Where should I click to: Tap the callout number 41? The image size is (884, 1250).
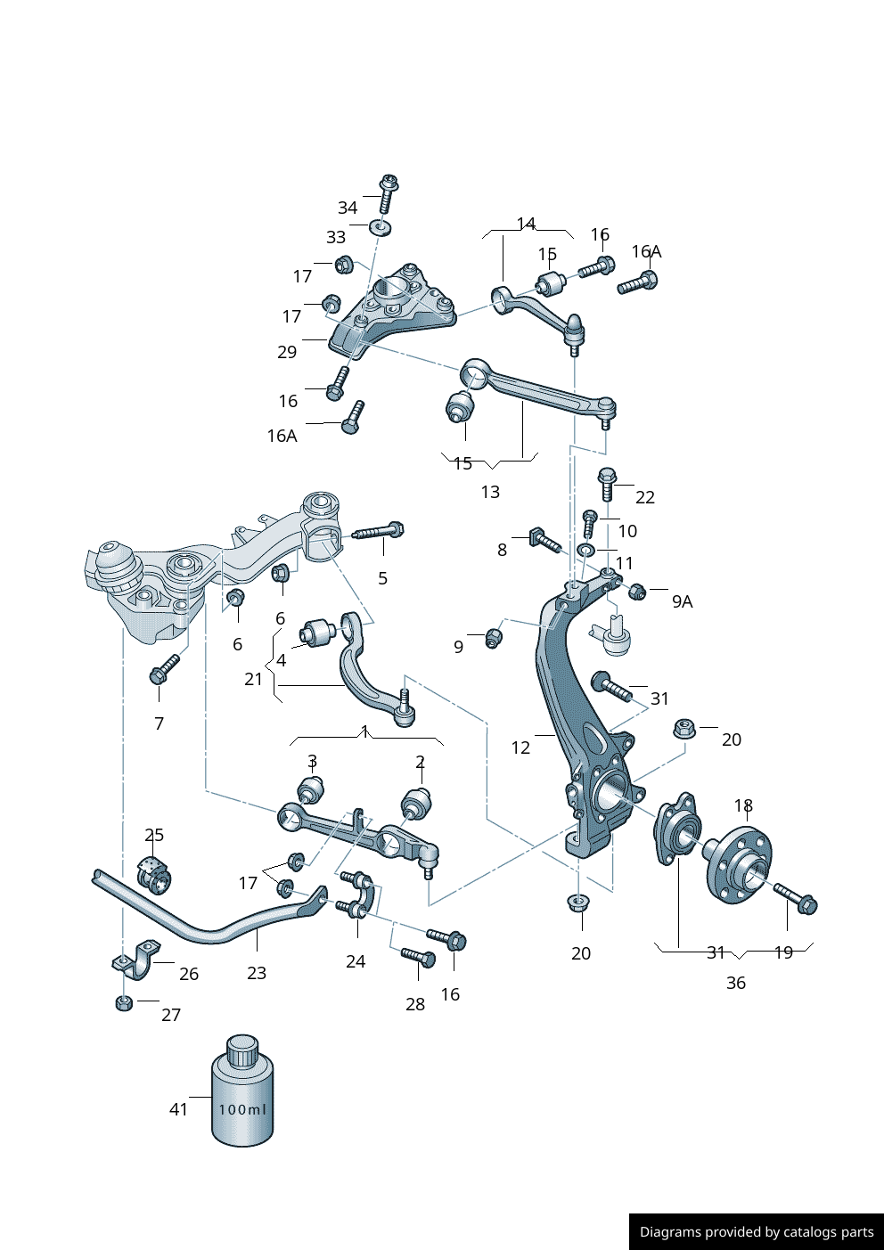click(178, 1109)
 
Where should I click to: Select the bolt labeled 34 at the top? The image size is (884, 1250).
click(388, 193)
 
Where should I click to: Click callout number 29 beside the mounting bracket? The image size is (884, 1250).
click(286, 352)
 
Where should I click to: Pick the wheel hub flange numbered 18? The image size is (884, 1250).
click(739, 861)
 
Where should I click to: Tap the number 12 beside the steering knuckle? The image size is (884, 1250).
click(520, 748)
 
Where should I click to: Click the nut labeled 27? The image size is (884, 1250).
click(125, 1003)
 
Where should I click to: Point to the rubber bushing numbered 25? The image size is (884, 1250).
click(154, 873)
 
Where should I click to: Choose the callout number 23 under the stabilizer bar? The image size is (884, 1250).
click(257, 973)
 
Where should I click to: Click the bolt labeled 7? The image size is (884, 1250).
click(165, 669)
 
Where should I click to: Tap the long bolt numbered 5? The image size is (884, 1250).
click(380, 532)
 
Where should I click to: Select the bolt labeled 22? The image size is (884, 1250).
click(607, 482)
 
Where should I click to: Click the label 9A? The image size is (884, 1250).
click(682, 601)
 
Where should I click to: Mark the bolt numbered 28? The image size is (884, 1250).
click(417, 957)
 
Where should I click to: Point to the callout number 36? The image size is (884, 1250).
click(735, 983)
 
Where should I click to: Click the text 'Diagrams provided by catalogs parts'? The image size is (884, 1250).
click(757, 1232)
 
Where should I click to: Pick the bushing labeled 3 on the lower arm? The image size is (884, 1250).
click(309, 789)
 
